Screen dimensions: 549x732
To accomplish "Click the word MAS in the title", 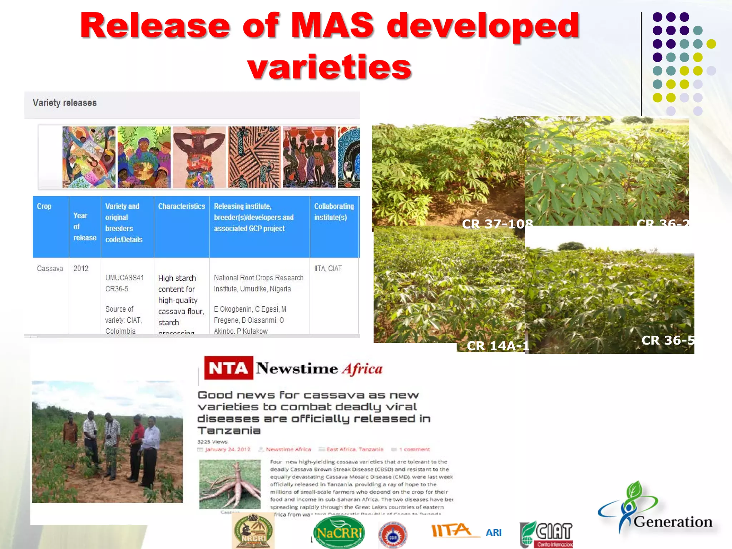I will pyautogui.click(x=332, y=26).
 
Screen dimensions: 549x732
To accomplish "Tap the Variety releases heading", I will pyautogui.click(x=65, y=103).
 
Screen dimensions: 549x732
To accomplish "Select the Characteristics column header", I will pyautogui.click(x=182, y=206).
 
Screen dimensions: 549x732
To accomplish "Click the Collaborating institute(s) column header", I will pyautogui.click(x=333, y=212).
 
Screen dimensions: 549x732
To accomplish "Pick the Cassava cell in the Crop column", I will pyautogui.click(x=50, y=268).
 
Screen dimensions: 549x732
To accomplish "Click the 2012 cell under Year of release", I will pyautogui.click(x=81, y=268).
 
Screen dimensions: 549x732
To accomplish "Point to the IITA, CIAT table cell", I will pyautogui.click(x=328, y=268).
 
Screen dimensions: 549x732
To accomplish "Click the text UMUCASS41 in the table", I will pyautogui.click(x=124, y=278).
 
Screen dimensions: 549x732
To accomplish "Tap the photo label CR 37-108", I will pyautogui.click(x=497, y=224).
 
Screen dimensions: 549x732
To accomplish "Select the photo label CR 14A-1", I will pyautogui.click(x=498, y=346).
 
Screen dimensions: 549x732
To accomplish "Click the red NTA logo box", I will pyautogui.click(x=228, y=368).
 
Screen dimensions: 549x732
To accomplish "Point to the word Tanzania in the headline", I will pyautogui.click(x=229, y=430).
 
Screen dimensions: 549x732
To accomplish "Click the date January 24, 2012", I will pyautogui.click(x=228, y=449).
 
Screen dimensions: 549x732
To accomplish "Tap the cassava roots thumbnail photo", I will pyautogui.click(x=230, y=484).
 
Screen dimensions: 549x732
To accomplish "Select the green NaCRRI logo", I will pyautogui.click(x=339, y=533).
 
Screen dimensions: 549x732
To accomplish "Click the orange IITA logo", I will pyautogui.click(x=452, y=530).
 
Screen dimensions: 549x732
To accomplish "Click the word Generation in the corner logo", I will pyautogui.click(x=673, y=522).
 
